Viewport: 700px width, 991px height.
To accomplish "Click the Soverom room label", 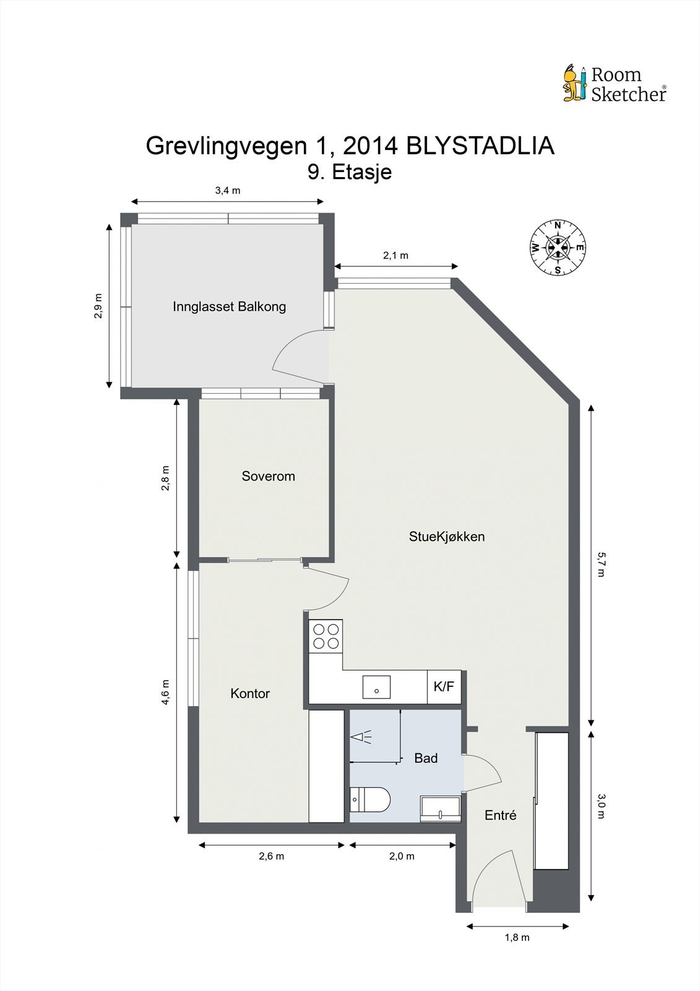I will [x=268, y=476].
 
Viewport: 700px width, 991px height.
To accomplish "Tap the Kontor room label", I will [x=250, y=694].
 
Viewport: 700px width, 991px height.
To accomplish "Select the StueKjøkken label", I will [x=446, y=536].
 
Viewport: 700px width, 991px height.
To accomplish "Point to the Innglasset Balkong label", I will [x=229, y=306].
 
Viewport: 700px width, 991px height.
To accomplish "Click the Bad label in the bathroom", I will [x=426, y=758].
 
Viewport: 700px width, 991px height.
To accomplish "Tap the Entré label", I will [x=500, y=816].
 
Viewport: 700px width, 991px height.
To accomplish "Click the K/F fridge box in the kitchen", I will [x=444, y=687].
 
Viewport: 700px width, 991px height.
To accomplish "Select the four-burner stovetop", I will [x=326, y=636].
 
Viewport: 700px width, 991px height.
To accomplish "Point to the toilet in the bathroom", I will [x=369, y=799].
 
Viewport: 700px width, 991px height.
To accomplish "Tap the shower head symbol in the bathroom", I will [x=361, y=737].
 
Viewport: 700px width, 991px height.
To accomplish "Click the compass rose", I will [x=558, y=248].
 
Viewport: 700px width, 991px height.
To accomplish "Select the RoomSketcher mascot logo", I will [x=574, y=82].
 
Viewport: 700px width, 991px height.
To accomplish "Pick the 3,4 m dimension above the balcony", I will [x=227, y=191].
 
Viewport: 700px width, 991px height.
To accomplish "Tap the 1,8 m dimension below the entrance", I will [x=517, y=937].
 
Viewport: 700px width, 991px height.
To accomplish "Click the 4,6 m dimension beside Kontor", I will [x=165, y=692].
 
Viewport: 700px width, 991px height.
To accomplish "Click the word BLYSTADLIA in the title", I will [x=480, y=146].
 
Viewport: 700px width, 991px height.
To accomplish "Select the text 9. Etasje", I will [x=350, y=172].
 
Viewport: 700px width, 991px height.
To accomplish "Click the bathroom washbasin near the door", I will [x=441, y=809].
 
